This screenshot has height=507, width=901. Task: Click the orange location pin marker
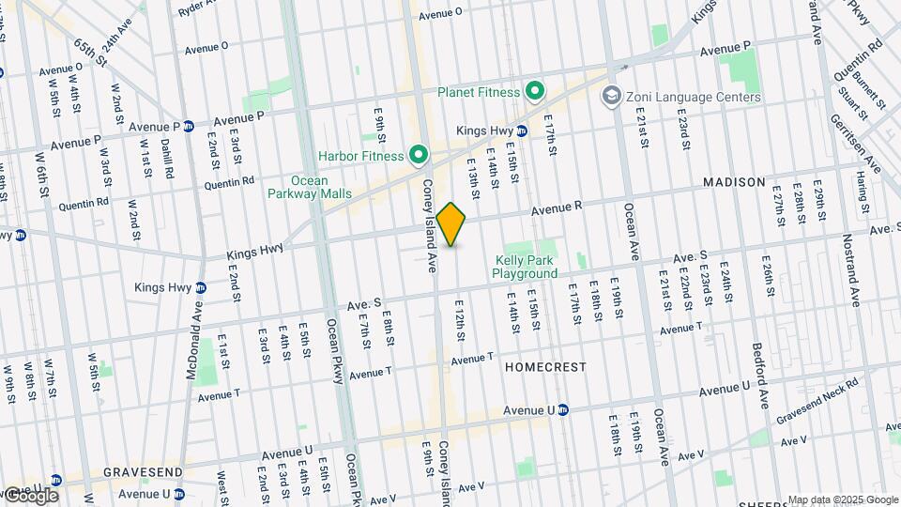pyautogui.click(x=451, y=223)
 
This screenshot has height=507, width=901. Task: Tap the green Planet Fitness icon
pyautogui.click(x=535, y=91)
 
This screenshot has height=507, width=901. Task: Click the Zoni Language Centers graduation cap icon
pyautogui.click(x=613, y=96)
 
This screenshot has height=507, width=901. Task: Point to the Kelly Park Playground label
pyautogui.click(x=525, y=267)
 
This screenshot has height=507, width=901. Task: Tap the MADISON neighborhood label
pyautogui.click(x=733, y=182)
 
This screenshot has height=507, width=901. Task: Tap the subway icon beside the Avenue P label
pyautogui.click(x=189, y=127)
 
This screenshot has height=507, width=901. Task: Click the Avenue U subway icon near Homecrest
pyautogui.click(x=563, y=409)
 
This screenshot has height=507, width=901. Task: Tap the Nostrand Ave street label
pyautogui.click(x=854, y=278)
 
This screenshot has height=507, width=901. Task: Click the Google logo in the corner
pyautogui.click(x=30, y=495)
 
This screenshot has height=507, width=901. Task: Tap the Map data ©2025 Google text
pyautogui.click(x=842, y=499)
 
